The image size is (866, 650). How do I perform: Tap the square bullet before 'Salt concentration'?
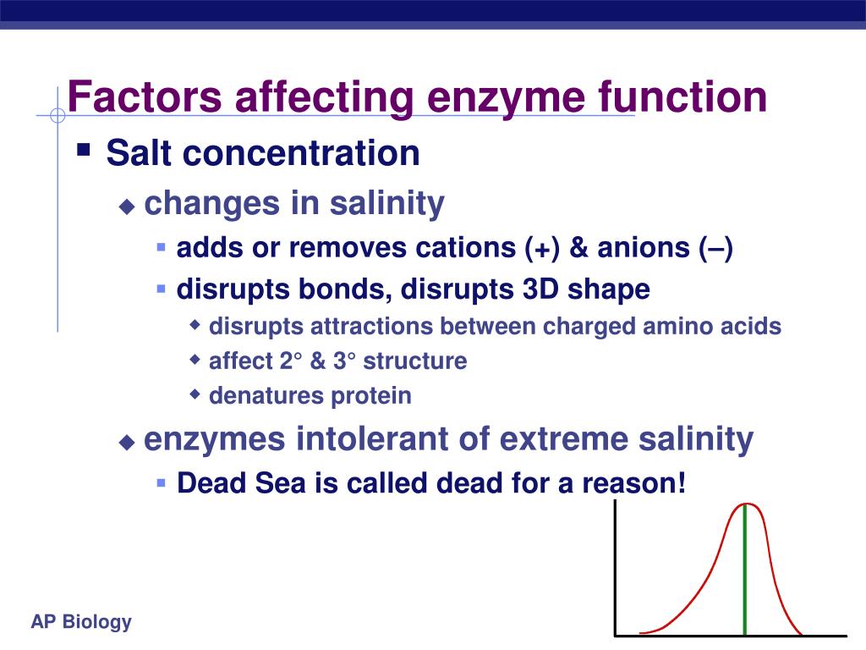[x=83, y=151]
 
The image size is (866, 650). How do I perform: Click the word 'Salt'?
[x=140, y=153]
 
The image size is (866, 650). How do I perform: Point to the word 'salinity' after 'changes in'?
[x=386, y=204]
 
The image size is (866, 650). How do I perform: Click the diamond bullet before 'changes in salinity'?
[x=127, y=207]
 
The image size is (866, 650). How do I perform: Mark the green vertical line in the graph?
[x=744, y=576]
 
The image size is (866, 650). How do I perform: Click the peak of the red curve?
[x=745, y=504]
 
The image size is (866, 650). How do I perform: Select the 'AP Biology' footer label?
[x=81, y=622]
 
